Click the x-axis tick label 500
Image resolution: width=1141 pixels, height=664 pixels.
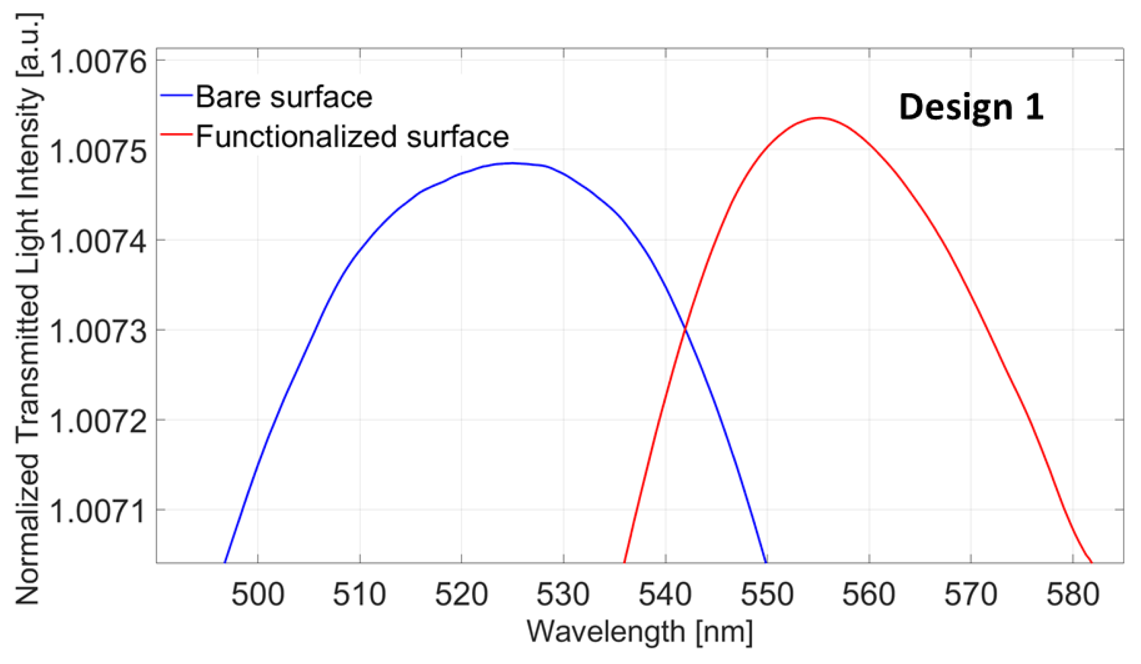point(258,595)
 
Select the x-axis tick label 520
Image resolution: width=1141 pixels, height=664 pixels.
point(461,595)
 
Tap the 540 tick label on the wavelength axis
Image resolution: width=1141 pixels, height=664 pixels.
point(665,595)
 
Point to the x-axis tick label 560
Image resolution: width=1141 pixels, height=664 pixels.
point(869,595)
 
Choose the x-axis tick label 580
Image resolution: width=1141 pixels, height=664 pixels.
point(1072,595)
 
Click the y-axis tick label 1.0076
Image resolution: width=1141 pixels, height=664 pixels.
point(98,62)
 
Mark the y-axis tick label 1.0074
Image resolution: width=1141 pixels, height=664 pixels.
point(98,241)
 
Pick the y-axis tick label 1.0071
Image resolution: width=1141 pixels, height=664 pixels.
point(98,511)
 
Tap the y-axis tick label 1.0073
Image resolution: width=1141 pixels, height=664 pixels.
point(98,331)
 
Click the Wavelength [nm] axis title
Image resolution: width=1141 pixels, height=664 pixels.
point(640,632)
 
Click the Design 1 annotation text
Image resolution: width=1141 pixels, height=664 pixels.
point(971,106)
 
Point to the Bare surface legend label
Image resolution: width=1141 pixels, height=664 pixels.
point(284,97)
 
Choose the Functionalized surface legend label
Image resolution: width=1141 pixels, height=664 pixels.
point(352,137)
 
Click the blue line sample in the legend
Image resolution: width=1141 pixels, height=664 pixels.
point(176,95)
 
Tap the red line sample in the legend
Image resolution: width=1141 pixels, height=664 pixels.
point(176,135)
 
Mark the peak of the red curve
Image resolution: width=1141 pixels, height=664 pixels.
point(819,117)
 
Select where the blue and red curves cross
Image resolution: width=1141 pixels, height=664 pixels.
point(685,329)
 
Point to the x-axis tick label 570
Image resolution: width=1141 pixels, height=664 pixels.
point(971,595)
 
